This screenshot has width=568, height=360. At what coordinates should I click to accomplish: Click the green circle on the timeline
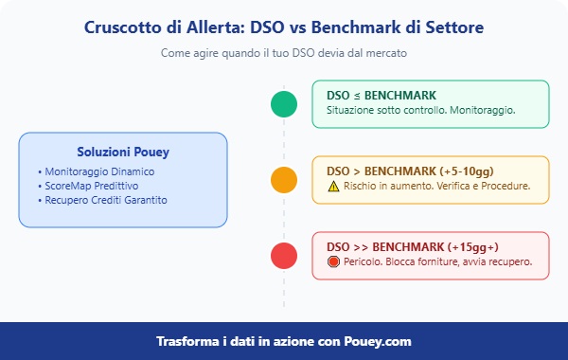(x=283, y=104)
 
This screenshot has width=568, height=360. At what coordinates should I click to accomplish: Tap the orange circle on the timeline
(x=283, y=180)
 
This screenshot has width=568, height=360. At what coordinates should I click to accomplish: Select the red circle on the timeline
(x=283, y=256)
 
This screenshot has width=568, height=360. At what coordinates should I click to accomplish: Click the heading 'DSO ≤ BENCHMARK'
(x=382, y=96)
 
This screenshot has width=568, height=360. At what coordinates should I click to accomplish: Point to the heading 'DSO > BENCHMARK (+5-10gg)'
(x=408, y=171)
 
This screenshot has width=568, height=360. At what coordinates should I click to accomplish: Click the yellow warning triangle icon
(x=333, y=187)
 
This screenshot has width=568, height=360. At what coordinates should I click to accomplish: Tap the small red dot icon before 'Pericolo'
(x=333, y=262)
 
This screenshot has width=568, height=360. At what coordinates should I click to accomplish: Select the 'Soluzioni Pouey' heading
(x=123, y=152)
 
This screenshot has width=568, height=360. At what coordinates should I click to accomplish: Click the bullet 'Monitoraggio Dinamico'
(x=98, y=171)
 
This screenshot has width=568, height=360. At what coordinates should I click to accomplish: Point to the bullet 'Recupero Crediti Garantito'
(x=106, y=200)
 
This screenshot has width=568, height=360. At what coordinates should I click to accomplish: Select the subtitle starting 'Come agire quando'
(x=284, y=53)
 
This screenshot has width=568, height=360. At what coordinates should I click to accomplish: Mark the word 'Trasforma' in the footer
(x=189, y=341)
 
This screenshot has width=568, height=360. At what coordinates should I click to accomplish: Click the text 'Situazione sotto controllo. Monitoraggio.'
(x=420, y=111)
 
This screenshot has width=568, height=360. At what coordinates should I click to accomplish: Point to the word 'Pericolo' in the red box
(x=364, y=262)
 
